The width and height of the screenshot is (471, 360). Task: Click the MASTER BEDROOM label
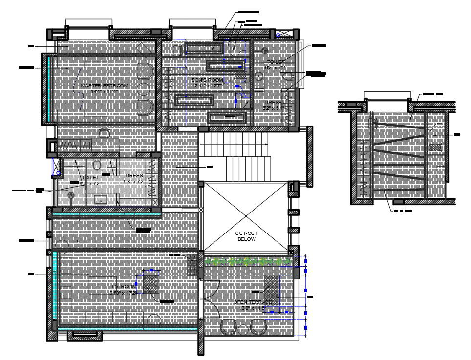tap(104, 85)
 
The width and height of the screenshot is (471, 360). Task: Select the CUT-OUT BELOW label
tap(246, 236)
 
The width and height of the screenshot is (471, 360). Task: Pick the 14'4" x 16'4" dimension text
tap(105, 91)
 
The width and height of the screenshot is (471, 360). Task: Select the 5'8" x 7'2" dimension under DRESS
tap(134, 181)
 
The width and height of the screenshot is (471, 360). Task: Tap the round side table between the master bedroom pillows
tap(144, 89)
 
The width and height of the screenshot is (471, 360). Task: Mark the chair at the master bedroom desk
tap(104, 133)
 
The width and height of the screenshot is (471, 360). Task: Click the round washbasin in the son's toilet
tap(259, 76)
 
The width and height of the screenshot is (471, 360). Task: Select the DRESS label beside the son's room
tap(272, 102)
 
